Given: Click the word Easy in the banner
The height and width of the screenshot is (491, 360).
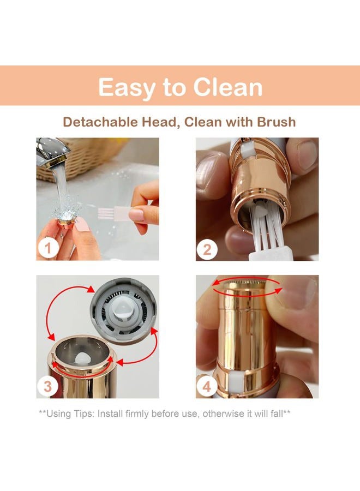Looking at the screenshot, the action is tap(126, 88).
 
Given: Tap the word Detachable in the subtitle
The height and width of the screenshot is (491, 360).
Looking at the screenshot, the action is tap(100, 122).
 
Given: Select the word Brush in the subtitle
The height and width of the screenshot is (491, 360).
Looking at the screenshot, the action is tap(276, 122).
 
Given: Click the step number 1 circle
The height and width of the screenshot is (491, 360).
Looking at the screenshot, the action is tap(47, 249).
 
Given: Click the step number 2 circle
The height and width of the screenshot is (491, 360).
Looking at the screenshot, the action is tap(207, 250).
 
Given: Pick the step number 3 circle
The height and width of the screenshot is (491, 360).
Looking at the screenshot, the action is tap(47, 386).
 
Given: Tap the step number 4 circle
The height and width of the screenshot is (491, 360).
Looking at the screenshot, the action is tap(207, 387).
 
